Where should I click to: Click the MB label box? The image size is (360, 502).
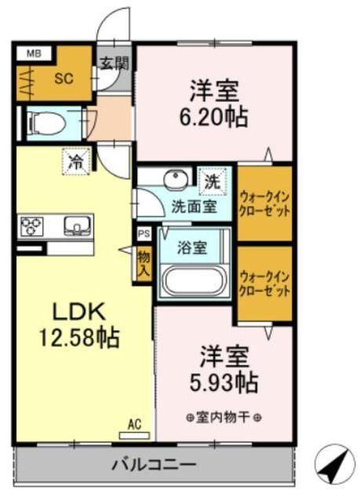tap(33, 54)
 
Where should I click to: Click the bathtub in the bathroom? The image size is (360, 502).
tap(193, 280)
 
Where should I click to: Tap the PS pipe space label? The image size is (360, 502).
tap(143, 234)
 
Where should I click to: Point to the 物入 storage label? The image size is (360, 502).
tap(144, 263)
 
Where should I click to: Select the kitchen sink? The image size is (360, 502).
tap(77, 226)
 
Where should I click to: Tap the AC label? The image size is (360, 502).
tap(134, 424)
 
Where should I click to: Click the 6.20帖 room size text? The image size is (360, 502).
tap(218, 118)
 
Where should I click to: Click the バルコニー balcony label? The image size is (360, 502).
tap(154, 464)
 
